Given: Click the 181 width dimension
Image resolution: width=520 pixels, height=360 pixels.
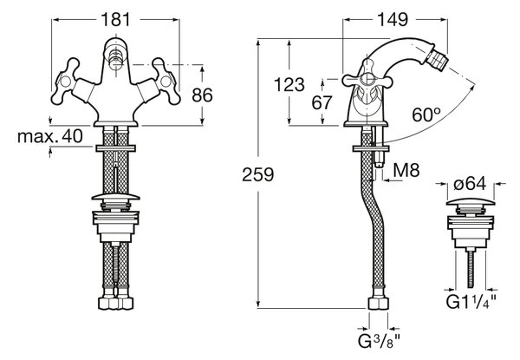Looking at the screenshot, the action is [x=116, y=20].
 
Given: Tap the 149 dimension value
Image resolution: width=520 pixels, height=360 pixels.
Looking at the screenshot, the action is [x=393, y=20].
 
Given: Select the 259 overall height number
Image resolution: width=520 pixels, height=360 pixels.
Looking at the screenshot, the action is [x=258, y=174].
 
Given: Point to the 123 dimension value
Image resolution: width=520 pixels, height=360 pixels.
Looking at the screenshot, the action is [x=289, y=85].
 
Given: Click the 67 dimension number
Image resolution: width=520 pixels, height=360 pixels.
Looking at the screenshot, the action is [x=322, y=102].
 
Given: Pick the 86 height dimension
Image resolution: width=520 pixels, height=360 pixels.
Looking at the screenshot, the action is [x=202, y=95].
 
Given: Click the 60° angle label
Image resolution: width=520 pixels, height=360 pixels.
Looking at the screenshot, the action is [x=426, y=115].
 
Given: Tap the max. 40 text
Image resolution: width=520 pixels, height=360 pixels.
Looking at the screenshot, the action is [x=49, y=136].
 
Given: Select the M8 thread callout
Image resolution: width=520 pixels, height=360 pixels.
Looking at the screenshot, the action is [x=406, y=170].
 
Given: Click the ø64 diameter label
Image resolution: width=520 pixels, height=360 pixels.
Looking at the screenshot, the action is [x=470, y=184].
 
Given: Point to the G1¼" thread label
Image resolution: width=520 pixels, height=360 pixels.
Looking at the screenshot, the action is [x=471, y=301].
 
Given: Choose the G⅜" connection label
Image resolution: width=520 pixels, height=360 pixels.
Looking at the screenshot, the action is [x=379, y=341].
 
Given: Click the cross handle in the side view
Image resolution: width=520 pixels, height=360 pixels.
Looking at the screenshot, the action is [x=367, y=81].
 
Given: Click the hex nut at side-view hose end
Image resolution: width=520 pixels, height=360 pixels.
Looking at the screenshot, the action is [x=379, y=304].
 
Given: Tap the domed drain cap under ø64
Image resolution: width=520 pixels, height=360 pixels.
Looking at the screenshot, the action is [x=471, y=202].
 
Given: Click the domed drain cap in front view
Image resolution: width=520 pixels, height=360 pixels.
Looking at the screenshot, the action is [x=116, y=196].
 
